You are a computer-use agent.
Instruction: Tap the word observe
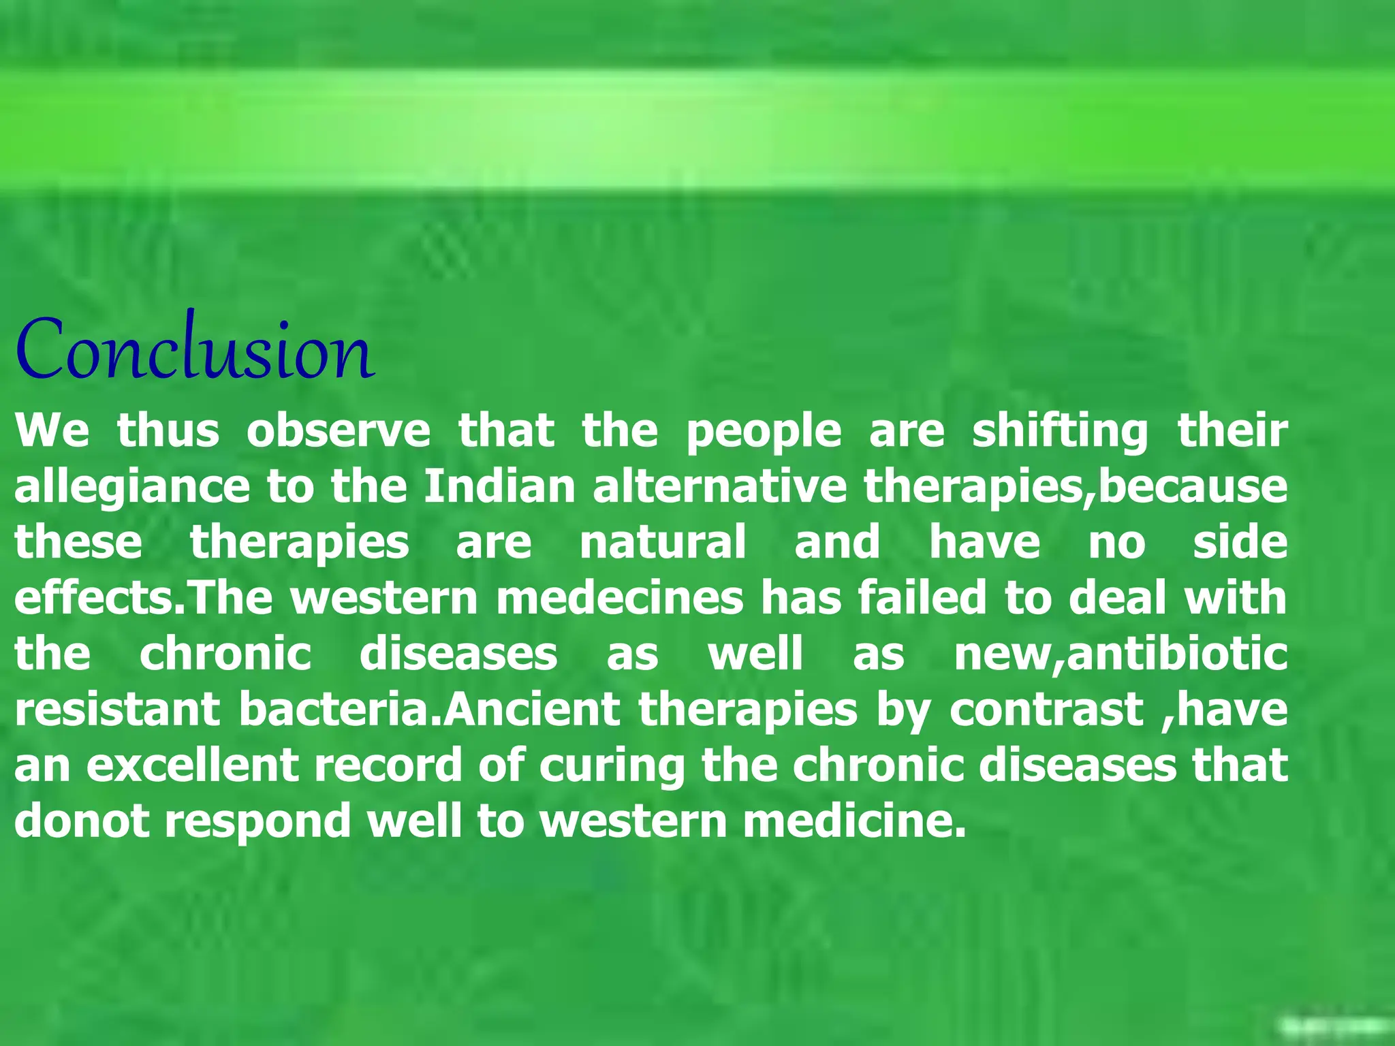click(339, 432)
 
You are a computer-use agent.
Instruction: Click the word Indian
click(499, 487)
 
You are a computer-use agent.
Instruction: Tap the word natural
click(663, 543)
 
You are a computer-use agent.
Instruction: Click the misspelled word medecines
click(620, 599)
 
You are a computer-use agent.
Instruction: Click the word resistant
click(117, 710)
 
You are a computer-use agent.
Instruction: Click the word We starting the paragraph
click(52, 432)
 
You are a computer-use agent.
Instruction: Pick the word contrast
click(1046, 710)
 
